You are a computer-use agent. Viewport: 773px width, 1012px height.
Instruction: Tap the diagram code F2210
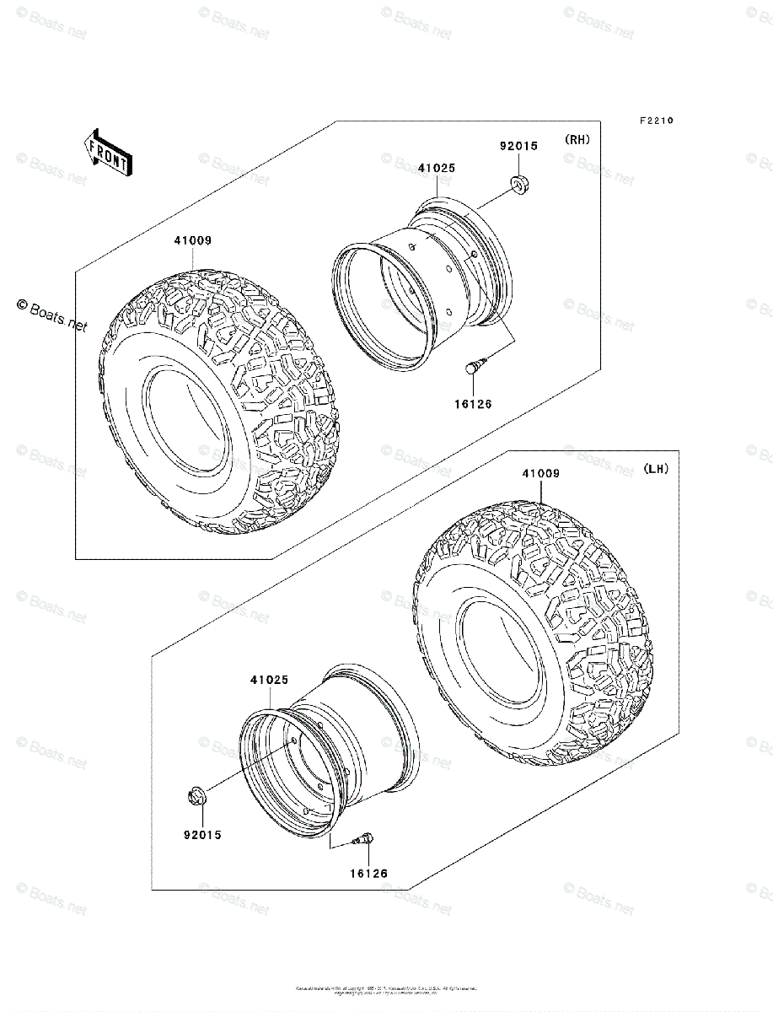tap(655, 121)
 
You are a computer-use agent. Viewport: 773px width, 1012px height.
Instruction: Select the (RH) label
tap(577, 140)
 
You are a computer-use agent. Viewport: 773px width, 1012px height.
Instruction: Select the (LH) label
tap(655, 469)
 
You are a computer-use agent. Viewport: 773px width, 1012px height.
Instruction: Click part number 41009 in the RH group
tap(193, 240)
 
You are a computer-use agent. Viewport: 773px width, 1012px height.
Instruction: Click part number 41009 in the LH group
tap(540, 474)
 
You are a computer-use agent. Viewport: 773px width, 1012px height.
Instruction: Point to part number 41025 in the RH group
tap(437, 168)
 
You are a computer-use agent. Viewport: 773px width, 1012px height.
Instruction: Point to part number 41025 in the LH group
tap(269, 679)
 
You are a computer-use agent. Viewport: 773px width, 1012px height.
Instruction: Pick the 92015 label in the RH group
tap(518, 146)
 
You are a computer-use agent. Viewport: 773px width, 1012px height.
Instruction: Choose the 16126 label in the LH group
tap(369, 874)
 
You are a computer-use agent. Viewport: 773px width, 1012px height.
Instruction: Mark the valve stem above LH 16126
tap(368, 839)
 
